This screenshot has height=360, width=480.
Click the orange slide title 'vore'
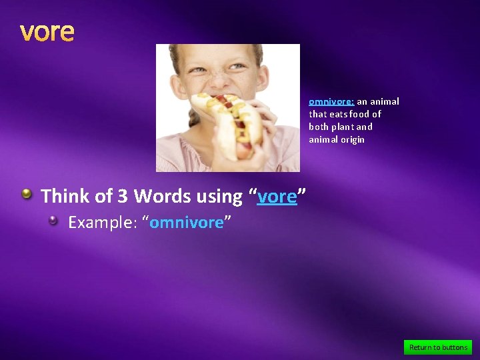click(x=47, y=32)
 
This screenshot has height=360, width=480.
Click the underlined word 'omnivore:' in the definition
click(x=331, y=101)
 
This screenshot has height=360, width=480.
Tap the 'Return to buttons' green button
click(x=437, y=347)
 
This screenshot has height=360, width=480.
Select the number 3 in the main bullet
click(x=123, y=196)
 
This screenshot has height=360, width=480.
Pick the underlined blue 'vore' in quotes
click(x=277, y=196)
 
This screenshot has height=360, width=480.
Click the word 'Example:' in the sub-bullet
click(x=103, y=223)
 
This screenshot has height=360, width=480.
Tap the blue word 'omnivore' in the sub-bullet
click(x=186, y=223)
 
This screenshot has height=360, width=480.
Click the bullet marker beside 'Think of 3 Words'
click(x=26, y=194)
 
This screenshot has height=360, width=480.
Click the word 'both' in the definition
click(x=319, y=127)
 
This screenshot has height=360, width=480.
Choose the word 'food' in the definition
click(x=360, y=114)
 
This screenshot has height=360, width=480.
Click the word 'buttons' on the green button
click(x=454, y=347)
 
